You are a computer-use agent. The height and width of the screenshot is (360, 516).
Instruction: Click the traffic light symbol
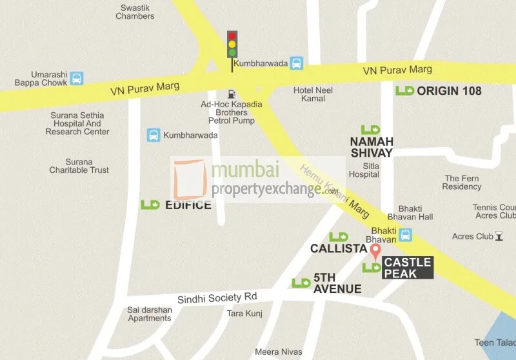pos(232,45)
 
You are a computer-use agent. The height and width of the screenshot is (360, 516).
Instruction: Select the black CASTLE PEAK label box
pos(408,268)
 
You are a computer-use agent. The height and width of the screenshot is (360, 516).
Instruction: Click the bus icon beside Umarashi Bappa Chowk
pos(77,78)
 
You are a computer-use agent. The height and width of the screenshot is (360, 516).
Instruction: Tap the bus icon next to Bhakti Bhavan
pos(406,235)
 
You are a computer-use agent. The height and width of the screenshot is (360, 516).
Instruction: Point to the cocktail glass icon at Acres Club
pos(499,235)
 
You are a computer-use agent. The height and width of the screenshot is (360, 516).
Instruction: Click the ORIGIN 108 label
pos(449,90)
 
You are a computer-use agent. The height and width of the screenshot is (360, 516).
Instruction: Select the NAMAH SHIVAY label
pos(371,146)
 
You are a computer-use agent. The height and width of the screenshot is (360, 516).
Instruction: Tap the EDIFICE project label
pos(188,205)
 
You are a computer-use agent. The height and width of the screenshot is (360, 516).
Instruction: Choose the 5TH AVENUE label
pos(337,283)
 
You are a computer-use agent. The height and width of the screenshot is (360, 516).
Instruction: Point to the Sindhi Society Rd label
pos(217,297)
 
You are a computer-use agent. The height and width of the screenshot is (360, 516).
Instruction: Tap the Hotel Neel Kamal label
pos(313,95)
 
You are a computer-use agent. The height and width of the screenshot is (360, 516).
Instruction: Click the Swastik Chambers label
pos(135,12)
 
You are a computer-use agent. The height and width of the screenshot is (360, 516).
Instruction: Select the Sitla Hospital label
pos(363,170)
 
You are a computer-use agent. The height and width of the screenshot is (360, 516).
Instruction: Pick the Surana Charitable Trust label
pos(79,166)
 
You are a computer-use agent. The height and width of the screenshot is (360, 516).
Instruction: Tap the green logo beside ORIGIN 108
pos(405,90)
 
